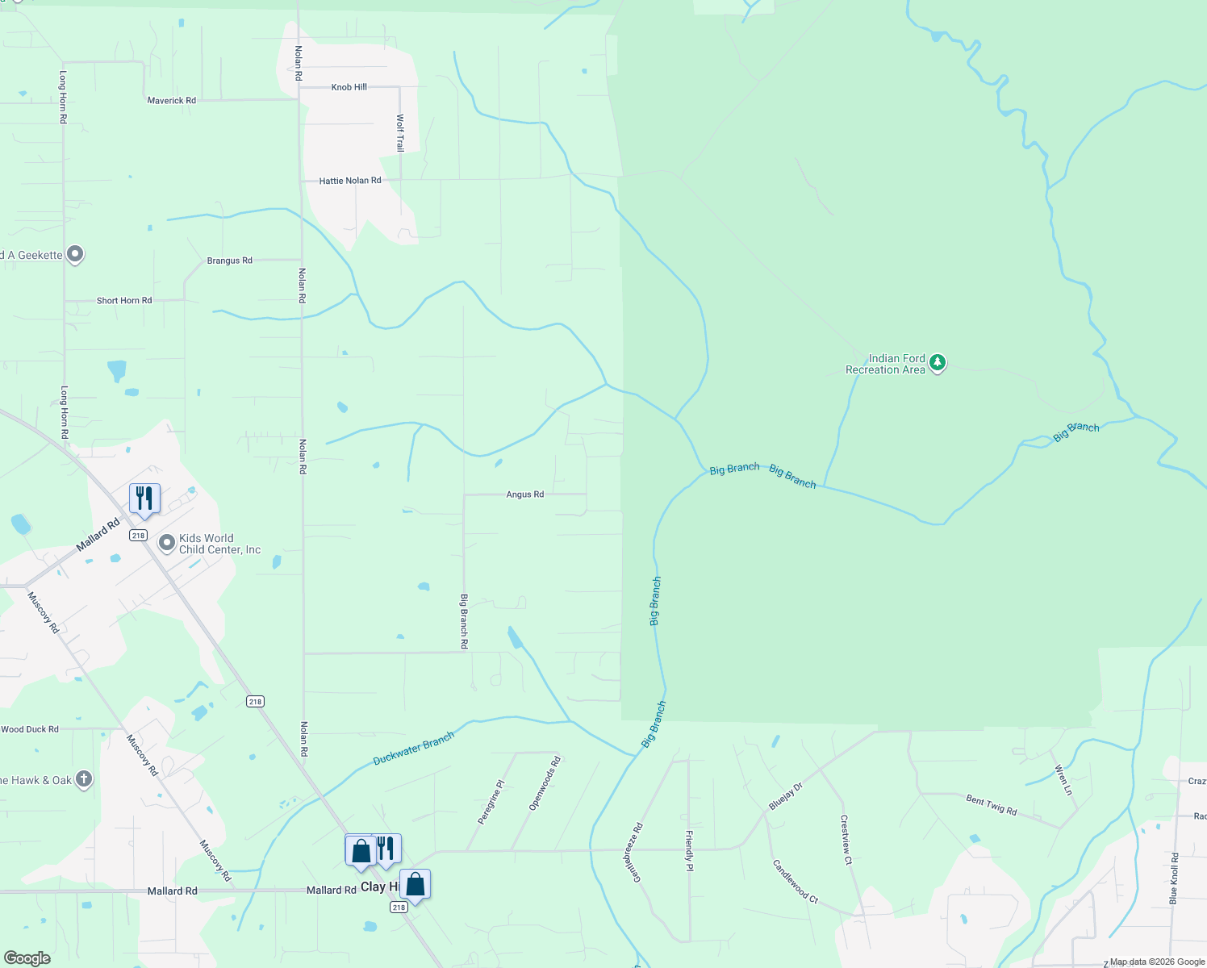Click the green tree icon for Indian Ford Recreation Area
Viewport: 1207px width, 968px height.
[937, 363]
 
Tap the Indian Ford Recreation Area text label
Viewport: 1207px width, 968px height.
[885, 364]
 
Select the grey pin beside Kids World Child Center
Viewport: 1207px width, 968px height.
[167, 543]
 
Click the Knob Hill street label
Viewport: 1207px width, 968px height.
[349, 87]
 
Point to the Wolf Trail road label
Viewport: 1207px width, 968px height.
[400, 133]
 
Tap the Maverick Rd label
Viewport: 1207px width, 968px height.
[172, 101]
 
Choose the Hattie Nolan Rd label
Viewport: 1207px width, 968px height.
[350, 181]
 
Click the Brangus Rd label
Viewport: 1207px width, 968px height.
[230, 261]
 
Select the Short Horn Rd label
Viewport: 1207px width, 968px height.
[124, 301]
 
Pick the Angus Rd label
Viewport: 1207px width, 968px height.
[525, 494]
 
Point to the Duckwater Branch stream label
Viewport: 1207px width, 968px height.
[414, 749]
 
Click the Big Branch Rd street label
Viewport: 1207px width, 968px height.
[464, 621]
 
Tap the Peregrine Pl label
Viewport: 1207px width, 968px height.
[491, 802]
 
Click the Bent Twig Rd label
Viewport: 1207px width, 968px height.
[992, 805]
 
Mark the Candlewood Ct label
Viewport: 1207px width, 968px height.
[796, 882]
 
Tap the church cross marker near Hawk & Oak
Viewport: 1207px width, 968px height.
[84, 779]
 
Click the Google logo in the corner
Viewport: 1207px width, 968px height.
[27, 958]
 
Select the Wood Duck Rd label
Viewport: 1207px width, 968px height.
[30, 729]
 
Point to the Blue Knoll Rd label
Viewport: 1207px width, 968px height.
[1174, 878]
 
